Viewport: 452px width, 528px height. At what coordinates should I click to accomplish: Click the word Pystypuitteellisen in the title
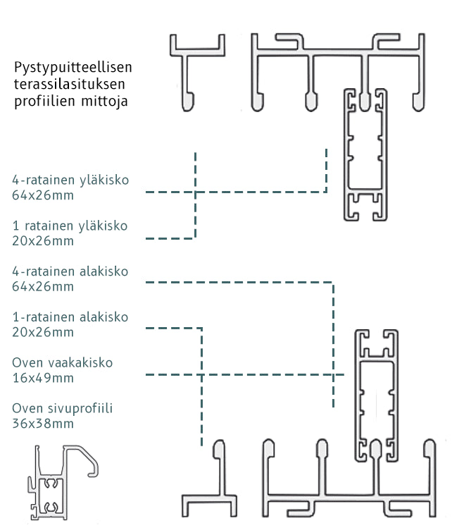pyautogui.click(x=73, y=68)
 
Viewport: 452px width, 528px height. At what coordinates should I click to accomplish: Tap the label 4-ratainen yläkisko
pyautogui.click(x=70, y=180)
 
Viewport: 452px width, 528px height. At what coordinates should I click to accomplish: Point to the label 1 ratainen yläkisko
pyautogui.click(x=70, y=226)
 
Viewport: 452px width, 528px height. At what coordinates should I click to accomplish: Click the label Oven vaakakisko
pyautogui.click(x=62, y=363)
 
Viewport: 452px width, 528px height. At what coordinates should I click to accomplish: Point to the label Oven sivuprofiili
pyautogui.click(x=63, y=409)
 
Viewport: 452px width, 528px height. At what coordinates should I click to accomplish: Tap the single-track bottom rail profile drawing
pyautogui.click(x=209, y=486)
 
